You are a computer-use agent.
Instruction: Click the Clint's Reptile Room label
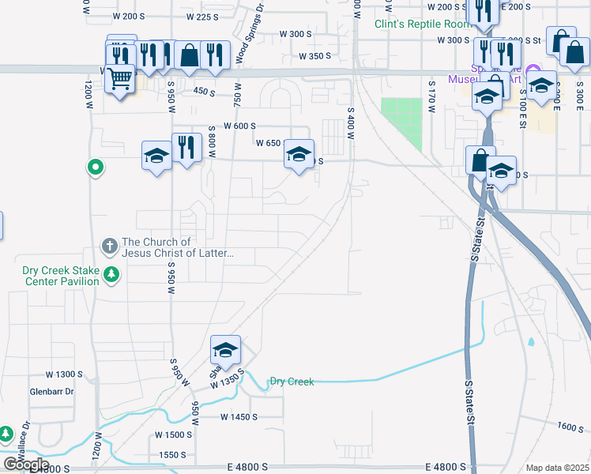(x=416, y=24)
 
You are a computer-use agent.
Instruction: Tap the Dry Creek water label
(x=292, y=382)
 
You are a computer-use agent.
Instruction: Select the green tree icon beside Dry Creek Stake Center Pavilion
(x=111, y=274)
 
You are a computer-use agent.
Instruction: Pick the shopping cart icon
(x=120, y=80)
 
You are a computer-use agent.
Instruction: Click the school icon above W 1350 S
(x=225, y=350)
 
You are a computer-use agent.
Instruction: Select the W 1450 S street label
(x=239, y=416)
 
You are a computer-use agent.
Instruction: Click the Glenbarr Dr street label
(x=51, y=391)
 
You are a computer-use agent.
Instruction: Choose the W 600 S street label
(x=240, y=126)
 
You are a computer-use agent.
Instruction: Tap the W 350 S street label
(x=314, y=56)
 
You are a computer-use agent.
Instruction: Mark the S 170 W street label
(x=432, y=96)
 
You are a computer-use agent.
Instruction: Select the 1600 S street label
(x=570, y=426)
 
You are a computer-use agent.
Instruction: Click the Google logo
(x=26, y=465)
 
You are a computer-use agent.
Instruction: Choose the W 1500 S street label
(x=173, y=435)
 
